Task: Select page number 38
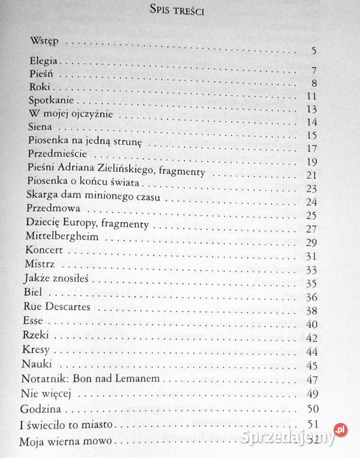coord(311,311)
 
